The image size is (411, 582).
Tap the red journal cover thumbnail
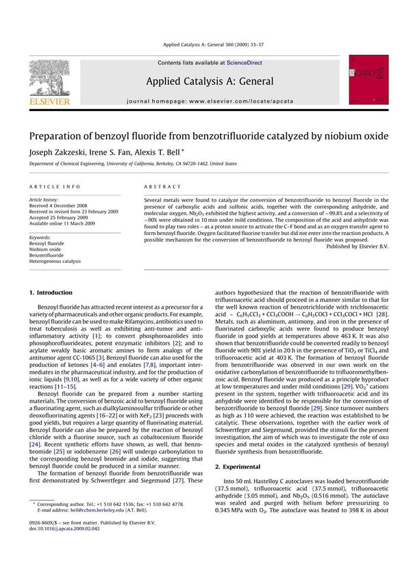(x=369, y=81)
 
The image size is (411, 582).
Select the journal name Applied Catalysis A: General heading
(x=210, y=81)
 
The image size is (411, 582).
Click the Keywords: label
(x=41, y=236)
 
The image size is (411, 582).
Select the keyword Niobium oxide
(x=47, y=249)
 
